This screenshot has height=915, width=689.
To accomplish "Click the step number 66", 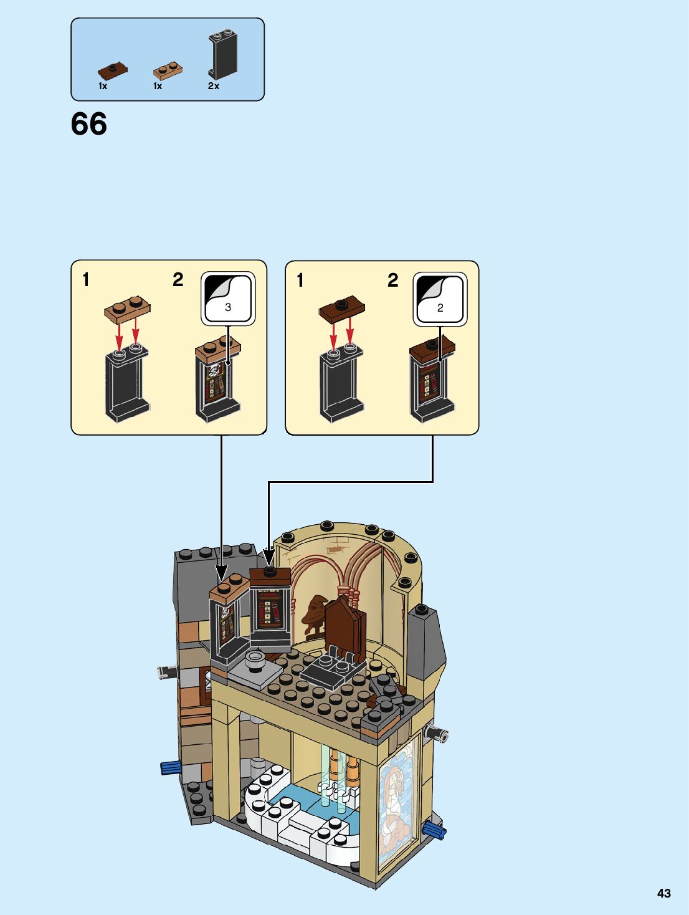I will [88, 124].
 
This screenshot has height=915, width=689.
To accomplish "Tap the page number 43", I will [663, 893].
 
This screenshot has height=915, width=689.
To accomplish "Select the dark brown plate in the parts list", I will [112, 70].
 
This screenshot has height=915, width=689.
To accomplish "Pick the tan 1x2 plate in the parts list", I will [168, 70].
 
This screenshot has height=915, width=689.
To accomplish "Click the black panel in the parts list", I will [222, 54].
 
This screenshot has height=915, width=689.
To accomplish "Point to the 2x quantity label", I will [214, 86].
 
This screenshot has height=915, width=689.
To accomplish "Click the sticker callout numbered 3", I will [227, 299].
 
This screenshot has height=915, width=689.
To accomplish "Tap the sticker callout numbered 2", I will [440, 299].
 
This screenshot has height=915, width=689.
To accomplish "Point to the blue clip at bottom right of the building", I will [434, 830].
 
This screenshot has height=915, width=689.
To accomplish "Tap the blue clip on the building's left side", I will [169, 767].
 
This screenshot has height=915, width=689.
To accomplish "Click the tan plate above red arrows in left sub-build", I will [128, 309].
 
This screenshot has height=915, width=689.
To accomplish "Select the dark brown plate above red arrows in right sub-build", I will [341, 308].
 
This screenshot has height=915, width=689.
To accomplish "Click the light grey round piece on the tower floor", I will [255, 659].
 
